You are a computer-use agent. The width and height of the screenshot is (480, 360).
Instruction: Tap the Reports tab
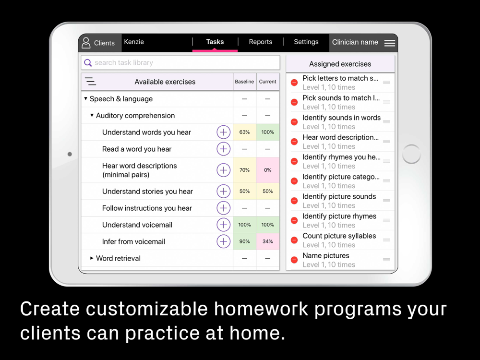click(261, 42)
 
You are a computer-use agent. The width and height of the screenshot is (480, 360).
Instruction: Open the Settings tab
click(306, 42)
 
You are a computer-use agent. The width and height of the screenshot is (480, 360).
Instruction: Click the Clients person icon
click(86, 43)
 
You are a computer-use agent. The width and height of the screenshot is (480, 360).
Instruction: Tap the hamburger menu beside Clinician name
click(389, 43)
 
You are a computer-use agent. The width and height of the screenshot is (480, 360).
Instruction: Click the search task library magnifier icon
click(88, 63)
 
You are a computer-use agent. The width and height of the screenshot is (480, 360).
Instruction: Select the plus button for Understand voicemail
click(224, 225)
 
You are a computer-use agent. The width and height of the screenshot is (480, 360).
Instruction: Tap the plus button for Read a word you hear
click(224, 149)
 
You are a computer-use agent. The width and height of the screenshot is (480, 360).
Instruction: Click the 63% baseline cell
click(244, 132)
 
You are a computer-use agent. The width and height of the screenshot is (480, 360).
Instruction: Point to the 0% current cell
click(267, 170)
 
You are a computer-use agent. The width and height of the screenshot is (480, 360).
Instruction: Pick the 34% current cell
click(267, 241)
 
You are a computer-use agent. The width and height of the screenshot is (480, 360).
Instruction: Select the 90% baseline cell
click(244, 241)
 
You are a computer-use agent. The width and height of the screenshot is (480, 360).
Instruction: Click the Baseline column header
click(244, 82)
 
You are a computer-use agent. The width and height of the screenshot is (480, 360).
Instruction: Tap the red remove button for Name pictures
click(294, 260)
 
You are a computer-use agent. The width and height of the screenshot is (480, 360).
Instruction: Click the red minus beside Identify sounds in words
click(294, 122)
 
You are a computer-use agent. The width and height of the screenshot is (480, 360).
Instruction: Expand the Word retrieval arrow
click(92, 258)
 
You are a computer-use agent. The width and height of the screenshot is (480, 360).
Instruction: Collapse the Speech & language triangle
click(86, 98)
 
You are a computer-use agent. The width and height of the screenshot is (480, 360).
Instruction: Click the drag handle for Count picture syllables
click(386, 240)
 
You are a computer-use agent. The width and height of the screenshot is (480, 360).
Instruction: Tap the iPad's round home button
click(411, 154)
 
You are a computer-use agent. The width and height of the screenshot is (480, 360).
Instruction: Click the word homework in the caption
click(261, 309)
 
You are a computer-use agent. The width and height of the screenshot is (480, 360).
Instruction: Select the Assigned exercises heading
click(340, 64)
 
